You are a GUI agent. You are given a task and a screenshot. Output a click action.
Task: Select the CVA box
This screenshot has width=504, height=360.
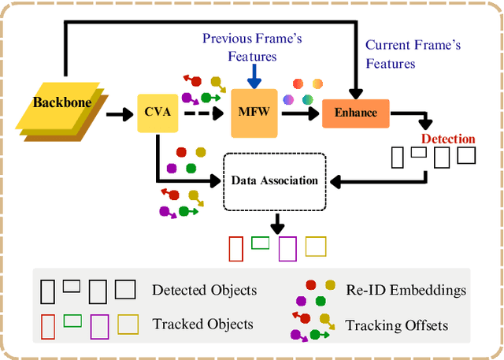[157, 113]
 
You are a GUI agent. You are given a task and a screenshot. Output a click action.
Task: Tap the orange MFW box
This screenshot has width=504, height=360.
[253, 113]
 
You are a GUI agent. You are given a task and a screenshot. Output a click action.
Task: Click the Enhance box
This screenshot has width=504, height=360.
[356, 113]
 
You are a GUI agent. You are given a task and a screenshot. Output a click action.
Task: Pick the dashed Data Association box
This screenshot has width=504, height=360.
[274, 180]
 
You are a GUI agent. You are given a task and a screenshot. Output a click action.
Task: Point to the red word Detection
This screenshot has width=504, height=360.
[448, 139]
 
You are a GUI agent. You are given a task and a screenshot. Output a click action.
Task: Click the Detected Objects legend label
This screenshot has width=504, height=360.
[204, 290]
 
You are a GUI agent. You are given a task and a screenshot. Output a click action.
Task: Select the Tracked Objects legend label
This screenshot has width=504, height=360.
[202, 324]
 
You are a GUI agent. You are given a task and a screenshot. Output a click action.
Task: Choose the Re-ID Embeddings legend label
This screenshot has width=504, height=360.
[406, 290]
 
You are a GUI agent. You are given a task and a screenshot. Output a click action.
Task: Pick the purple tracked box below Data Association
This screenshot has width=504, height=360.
[287, 249]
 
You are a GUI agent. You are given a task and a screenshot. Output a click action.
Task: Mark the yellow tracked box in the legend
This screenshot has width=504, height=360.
[128, 323]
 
